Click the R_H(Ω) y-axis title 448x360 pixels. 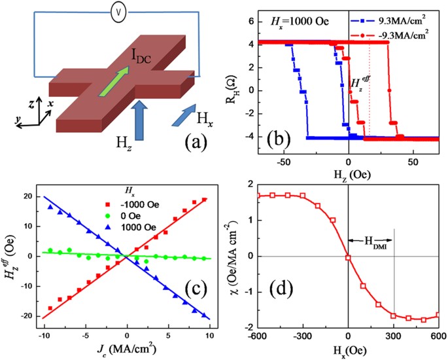(249, 83)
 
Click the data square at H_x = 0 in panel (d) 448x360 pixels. (348, 258)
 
